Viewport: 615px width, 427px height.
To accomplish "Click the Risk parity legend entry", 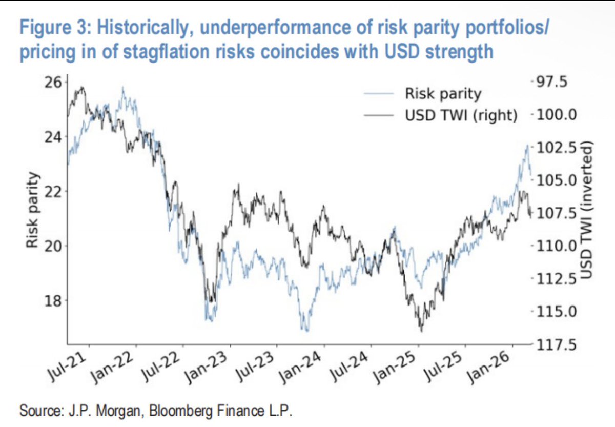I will pyautogui.click(x=443, y=94).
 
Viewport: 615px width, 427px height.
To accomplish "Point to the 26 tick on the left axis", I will pyautogui.click(x=53, y=82).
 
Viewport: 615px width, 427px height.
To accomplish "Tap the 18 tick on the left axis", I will pyautogui.click(x=53, y=300).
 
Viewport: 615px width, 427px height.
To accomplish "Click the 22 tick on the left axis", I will pyautogui.click(x=53, y=191).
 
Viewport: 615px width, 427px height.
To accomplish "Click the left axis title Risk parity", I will pyautogui.click(x=33, y=211).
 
